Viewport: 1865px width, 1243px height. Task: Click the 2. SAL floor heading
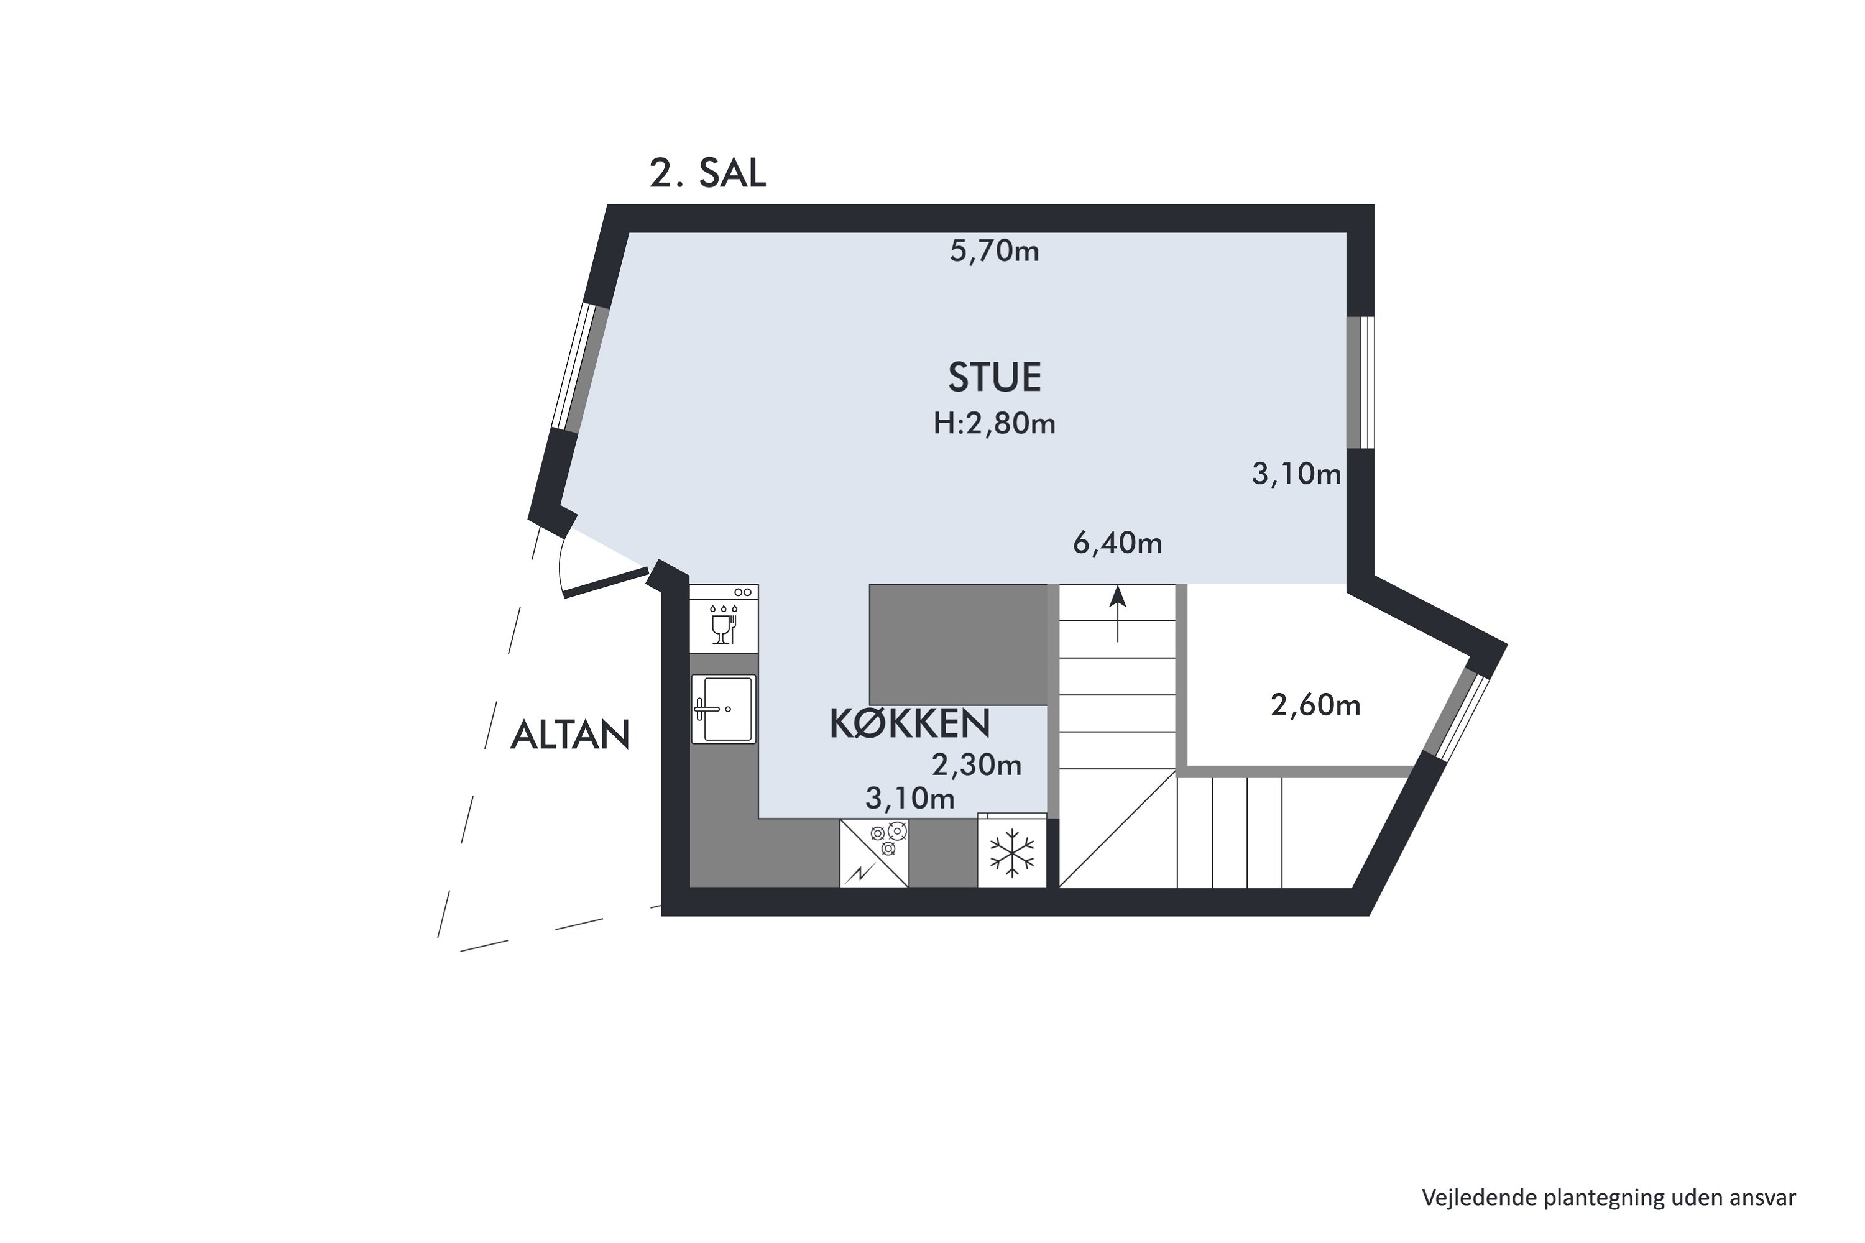click(707, 173)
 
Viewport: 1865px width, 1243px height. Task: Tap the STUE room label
click(994, 377)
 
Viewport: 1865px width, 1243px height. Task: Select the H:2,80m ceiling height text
click(994, 424)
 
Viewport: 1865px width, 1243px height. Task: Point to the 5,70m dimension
click(994, 251)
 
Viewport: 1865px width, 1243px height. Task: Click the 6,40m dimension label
click(1117, 543)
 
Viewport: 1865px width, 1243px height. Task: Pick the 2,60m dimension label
click(1315, 705)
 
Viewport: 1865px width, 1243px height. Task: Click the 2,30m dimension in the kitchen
click(976, 764)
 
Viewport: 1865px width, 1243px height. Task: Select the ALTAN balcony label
click(570, 735)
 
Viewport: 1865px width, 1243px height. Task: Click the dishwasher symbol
click(724, 618)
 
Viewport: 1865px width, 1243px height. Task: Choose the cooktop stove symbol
click(874, 853)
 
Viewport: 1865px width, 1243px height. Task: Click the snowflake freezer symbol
click(1012, 852)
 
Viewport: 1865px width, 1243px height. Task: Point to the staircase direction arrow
click(1118, 613)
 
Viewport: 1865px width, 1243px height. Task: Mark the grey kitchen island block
click(959, 644)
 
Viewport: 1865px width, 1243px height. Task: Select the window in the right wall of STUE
click(1361, 383)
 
